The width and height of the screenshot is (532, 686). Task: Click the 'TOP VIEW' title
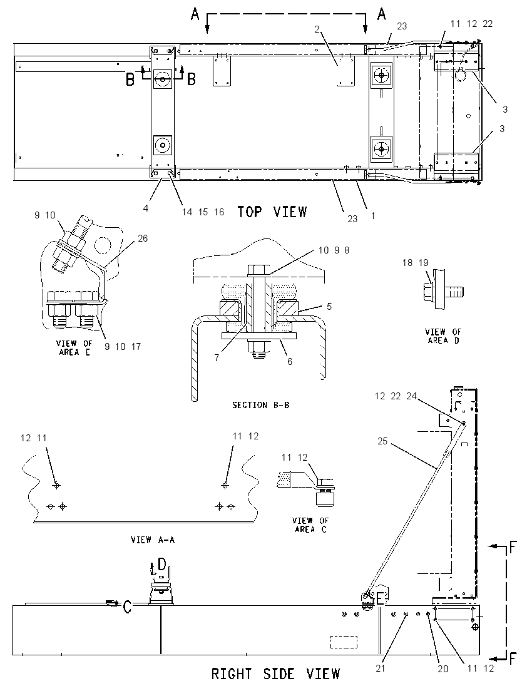point(272,212)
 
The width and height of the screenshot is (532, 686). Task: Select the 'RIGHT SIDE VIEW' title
point(275,673)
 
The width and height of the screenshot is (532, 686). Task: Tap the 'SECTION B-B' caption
point(261,405)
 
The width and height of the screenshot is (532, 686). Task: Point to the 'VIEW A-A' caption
point(153,540)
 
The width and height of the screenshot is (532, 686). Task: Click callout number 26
point(143,238)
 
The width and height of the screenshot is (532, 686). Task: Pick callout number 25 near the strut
point(383,441)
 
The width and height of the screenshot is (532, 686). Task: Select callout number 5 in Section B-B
point(329,306)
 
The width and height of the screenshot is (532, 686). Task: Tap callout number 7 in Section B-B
point(217,358)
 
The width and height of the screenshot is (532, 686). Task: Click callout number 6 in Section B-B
point(290,362)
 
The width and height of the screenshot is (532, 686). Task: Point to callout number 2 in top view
point(317,29)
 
